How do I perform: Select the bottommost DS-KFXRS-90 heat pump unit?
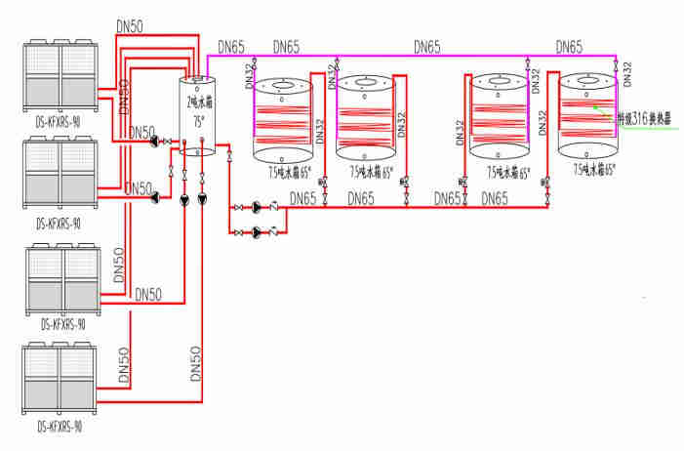click(x=60, y=382)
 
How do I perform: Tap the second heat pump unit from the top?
click(x=60, y=174)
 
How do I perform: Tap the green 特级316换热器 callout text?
click(x=648, y=118)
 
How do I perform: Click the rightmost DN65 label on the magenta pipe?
click(x=569, y=46)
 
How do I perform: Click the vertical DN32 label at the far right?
click(x=627, y=73)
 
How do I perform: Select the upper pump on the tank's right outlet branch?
click(x=256, y=206)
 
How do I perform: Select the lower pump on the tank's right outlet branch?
click(x=256, y=231)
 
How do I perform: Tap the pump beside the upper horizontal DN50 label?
click(x=155, y=142)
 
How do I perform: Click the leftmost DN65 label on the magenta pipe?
click(x=231, y=46)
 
